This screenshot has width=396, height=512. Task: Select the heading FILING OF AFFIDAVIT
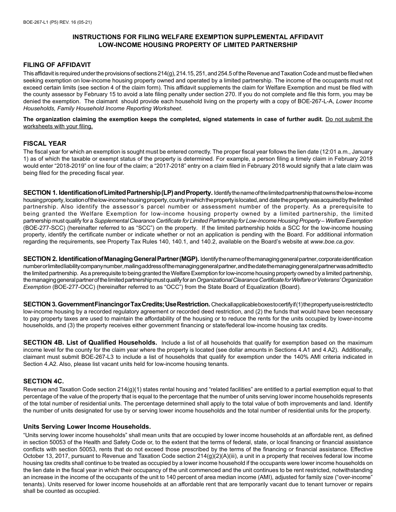point(57,65)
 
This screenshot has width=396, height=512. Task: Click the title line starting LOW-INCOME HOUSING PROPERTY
point(198,45)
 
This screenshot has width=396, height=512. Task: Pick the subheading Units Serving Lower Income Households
point(87,427)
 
